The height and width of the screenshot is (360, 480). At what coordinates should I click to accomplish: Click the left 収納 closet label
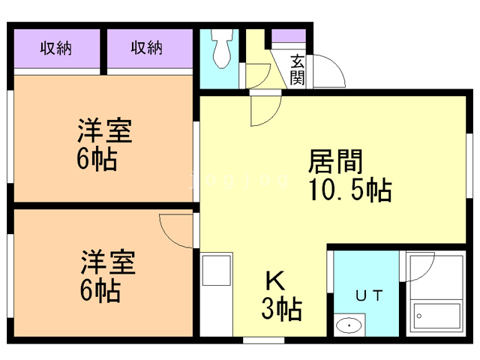point(55,49)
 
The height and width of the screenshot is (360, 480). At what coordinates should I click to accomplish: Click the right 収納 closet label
point(147,49)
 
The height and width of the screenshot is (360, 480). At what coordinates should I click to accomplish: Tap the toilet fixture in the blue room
point(221,48)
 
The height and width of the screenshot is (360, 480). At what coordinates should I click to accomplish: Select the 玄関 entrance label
point(298,69)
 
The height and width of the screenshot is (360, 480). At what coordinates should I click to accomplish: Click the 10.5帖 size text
point(349,190)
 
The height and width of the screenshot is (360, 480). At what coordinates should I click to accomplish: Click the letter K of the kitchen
point(274,281)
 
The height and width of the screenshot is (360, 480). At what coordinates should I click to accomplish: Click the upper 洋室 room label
point(105,132)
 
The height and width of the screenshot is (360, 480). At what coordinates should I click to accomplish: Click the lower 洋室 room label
point(109,265)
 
